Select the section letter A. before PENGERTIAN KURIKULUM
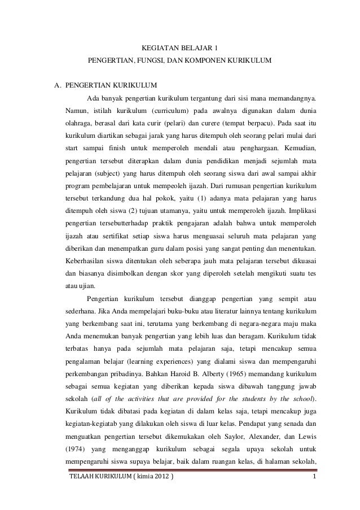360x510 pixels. coord(57,86)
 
